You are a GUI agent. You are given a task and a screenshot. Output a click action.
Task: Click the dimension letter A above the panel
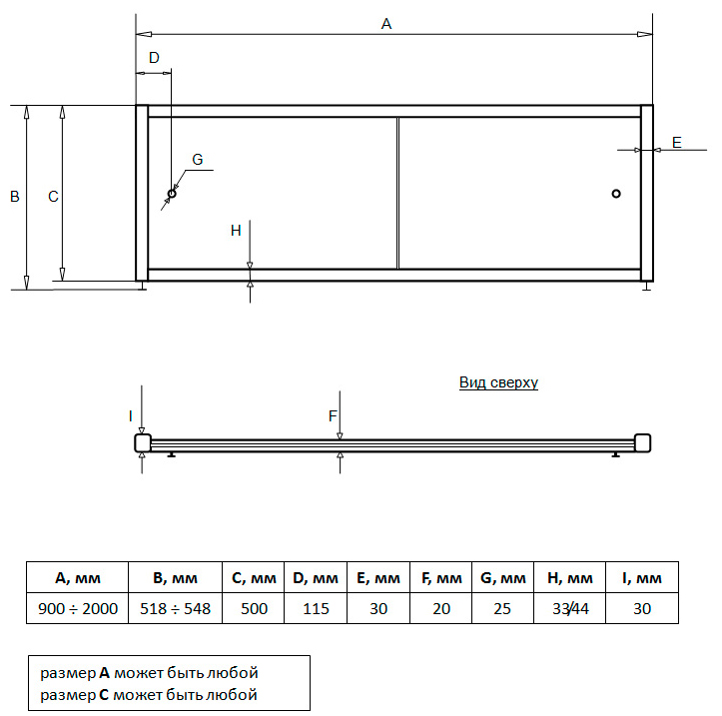coord(386,24)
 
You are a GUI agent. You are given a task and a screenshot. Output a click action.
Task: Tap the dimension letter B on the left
coord(15,197)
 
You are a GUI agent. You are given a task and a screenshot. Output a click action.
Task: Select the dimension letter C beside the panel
coord(53,197)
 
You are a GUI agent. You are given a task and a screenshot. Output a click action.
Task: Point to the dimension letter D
coord(154,58)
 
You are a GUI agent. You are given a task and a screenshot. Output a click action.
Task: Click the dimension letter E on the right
coord(676,142)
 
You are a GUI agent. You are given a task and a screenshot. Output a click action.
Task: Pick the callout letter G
coord(197,160)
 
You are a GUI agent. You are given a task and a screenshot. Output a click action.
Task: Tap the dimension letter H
coord(236,231)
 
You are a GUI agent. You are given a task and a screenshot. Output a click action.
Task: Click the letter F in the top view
coord(333,416)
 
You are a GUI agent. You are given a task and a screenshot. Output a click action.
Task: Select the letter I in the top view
coord(130,416)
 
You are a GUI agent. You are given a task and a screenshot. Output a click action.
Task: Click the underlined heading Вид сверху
coord(498,382)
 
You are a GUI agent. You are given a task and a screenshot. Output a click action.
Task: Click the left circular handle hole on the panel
coord(172,194)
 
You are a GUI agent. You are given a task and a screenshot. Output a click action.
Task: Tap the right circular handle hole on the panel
coord(616,194)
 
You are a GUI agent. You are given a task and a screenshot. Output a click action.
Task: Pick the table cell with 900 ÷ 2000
coord(77,608)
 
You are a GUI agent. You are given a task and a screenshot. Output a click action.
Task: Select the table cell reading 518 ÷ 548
coord(175,608)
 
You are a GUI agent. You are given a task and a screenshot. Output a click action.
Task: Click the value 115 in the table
coord(316,609)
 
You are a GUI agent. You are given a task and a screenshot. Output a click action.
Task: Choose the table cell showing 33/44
coord(569,608)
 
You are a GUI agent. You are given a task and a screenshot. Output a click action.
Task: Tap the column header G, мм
coord(503,577)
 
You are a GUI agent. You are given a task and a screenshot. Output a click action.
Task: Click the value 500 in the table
coord(254,609)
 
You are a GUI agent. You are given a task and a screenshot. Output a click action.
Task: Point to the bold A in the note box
coord(105,673)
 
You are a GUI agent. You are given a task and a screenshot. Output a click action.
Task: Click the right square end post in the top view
coord(642,443)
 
